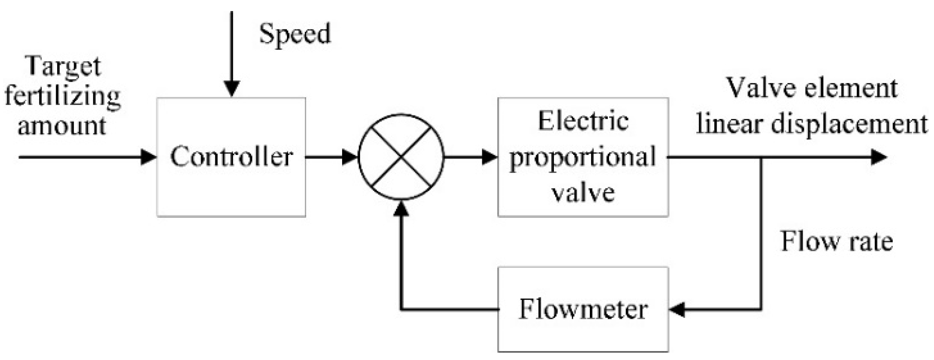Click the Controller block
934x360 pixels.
[231, 157]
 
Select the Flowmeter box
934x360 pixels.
[583, 309]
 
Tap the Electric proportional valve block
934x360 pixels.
[583, 157]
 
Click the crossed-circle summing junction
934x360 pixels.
[401, 157]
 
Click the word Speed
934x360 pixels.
[295, 34]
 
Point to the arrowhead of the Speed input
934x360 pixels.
[232, 89]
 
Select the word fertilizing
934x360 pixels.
[63, 96]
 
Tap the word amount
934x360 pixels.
[62, 125]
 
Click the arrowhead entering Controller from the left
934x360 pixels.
[148, 157]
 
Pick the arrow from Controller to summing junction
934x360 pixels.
[331, 157]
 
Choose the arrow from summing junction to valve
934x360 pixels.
[470, 157]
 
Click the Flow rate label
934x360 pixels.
[837, 241]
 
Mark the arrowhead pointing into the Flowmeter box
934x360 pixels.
[677, 309]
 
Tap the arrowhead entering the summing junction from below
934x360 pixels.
[401, 208]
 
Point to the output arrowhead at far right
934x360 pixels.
[879, 157]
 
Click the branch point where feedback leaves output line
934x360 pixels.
[761, 157]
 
